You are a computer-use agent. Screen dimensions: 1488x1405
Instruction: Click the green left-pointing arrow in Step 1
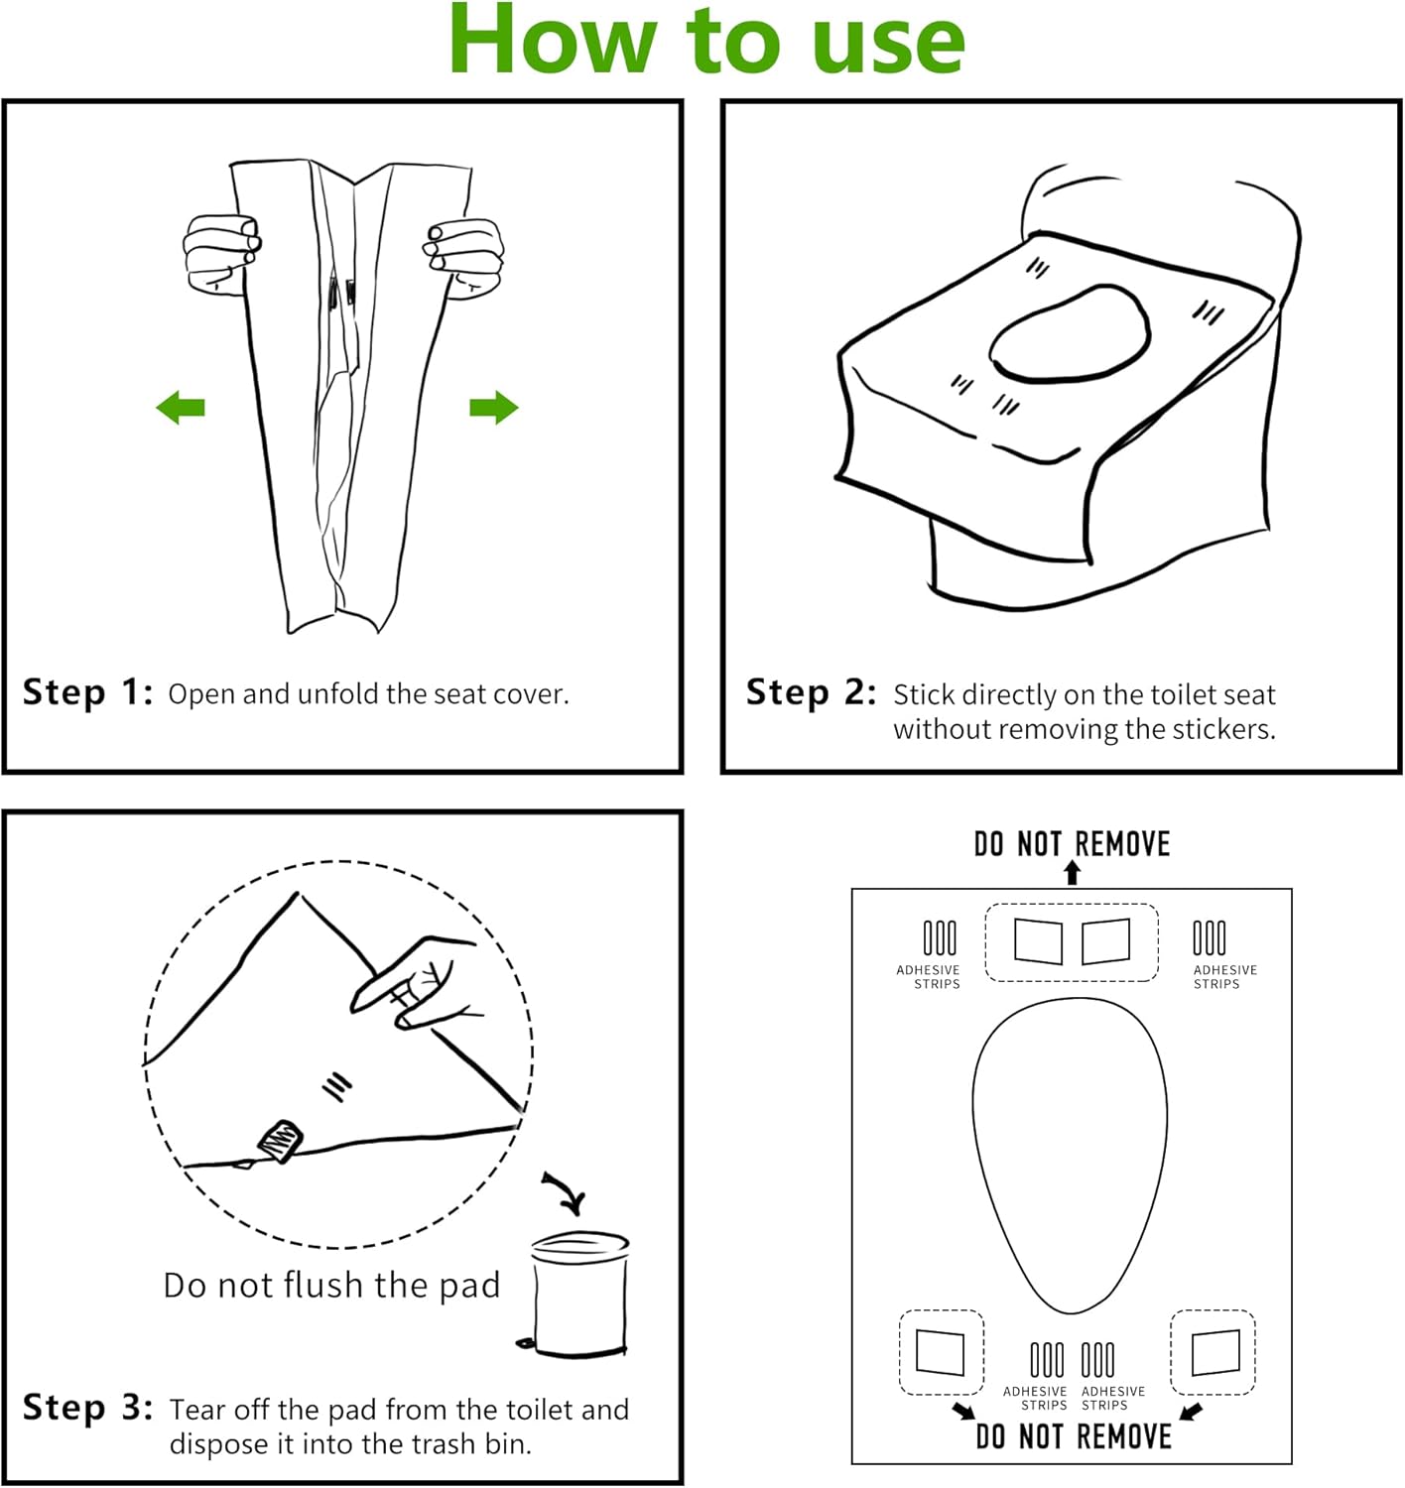(181, 407)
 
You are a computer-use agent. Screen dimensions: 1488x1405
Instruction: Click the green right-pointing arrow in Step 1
(493, 407)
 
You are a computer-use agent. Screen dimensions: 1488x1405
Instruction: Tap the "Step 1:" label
(87, 692)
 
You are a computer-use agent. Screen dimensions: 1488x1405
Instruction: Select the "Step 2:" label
(811, 692)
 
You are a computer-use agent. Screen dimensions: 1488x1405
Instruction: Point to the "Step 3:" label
(87, 1408)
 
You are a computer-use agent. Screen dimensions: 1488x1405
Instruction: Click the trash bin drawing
(579, 1294)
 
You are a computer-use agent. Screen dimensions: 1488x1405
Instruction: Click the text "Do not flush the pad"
(331, 1286)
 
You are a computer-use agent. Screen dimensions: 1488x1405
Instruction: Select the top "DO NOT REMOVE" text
(1072, 844)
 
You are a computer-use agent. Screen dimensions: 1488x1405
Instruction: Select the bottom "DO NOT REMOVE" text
(1074, 1436)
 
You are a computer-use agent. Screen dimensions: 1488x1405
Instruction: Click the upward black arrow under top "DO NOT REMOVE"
(1072, 872)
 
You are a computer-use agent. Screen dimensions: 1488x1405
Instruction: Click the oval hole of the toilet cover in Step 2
(1070, 334)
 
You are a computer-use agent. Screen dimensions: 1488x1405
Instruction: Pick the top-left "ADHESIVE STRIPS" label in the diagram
(928, 977)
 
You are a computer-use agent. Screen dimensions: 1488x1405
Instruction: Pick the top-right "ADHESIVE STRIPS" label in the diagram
(1224, 977)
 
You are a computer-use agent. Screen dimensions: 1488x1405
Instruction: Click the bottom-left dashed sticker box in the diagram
(941, 1352)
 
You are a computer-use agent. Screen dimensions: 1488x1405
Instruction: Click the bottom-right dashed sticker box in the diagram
(1213, 1352)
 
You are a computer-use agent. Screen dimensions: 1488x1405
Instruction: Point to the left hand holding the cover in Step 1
(221, 254)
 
